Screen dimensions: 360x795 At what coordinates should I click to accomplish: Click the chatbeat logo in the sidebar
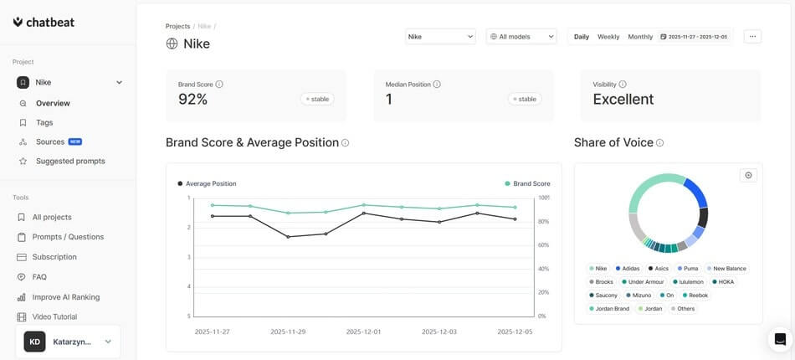click(44, 23)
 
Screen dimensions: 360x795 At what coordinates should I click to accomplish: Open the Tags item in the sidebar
click(44, 122)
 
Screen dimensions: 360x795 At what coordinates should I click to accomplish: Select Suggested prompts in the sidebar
click(70, 161)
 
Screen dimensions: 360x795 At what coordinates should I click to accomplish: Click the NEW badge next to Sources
click(75, 141)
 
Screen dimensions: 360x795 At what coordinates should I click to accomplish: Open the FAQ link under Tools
click(39, 277)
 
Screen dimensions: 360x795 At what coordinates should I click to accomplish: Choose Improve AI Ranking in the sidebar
click(66, 297)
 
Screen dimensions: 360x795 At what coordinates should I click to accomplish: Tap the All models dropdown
click(521, 37)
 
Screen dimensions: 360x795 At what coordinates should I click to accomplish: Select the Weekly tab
click(608, 37)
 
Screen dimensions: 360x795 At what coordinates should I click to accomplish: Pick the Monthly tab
click(640, 37)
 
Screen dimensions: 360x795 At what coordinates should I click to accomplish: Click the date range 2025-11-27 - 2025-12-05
click(694, 37)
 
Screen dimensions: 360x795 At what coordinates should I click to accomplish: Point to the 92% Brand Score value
click(192, 100)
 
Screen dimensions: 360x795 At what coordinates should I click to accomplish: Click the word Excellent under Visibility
click(623, 100)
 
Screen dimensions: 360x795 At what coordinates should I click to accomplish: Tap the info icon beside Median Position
click(437, 85)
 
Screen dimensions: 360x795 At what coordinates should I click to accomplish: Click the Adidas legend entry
click(630, 269)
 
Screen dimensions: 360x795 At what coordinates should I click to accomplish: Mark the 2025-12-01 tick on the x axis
click(364, 332)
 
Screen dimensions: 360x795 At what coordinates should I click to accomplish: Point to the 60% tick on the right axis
click(542, 245)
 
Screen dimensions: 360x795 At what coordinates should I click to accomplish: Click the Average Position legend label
click(211, 183)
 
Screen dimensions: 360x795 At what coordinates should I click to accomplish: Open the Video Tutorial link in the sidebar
click(54, 317)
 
